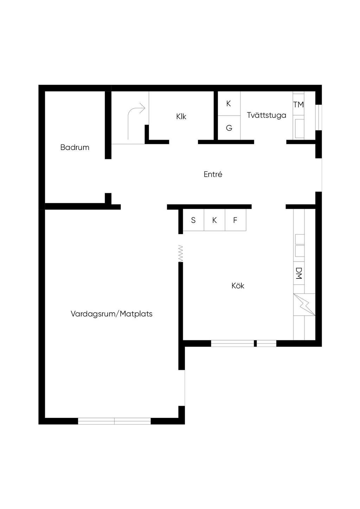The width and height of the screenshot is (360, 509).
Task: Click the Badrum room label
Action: (x=75, y=147)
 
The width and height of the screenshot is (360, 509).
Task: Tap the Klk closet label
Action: (x=181, y=116)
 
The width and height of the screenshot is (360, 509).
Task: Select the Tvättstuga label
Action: (x=266, y=115)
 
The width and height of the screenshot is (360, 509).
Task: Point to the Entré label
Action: (x=213, y=174)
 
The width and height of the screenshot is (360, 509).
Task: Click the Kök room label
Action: (x=238, y=286)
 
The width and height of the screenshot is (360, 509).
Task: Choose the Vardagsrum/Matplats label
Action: (x=111, y=314)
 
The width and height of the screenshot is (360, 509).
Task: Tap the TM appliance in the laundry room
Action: (x=298, y=104)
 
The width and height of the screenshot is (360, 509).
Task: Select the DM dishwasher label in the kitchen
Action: (x=299, y=273)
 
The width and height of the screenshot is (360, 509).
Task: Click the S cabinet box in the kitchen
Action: (x=193, y=220)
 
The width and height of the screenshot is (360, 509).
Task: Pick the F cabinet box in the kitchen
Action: (x=235, y=220)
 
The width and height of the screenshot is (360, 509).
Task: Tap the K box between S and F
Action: (x=214, y=220)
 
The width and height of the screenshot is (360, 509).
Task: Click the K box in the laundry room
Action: (x=229, y=103)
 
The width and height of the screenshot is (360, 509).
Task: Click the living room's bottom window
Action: (x=114, y=421)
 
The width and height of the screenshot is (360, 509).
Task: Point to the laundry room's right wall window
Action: (x=319, y=117)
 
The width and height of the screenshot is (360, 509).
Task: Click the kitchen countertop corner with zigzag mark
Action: (x=304, y=304)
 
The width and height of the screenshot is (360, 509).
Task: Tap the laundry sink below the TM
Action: (x=299, y=128)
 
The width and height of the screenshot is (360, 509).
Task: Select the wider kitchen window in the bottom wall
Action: (x=232, y=343)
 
